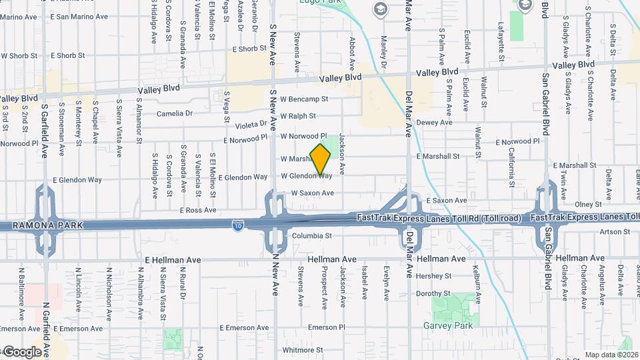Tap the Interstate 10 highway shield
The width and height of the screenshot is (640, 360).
click(x=238, y=227)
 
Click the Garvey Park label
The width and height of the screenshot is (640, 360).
click(x=448, y=325)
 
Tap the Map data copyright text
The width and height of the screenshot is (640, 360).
click(x=611, y=355)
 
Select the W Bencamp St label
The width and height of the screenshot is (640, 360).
click(x=304, y=99)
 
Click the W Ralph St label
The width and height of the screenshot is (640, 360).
click(x=298, y=116)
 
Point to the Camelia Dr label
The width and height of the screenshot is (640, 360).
click(x=175, y=113)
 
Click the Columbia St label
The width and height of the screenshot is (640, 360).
click(x=311, y=236)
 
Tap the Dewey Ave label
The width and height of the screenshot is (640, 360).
click(x=434, y=123)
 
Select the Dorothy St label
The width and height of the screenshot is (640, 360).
click(x=433, y=293)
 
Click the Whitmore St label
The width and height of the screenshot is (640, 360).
click(x=303, y=349)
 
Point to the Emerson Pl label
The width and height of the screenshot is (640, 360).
click(x=327, y=327)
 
